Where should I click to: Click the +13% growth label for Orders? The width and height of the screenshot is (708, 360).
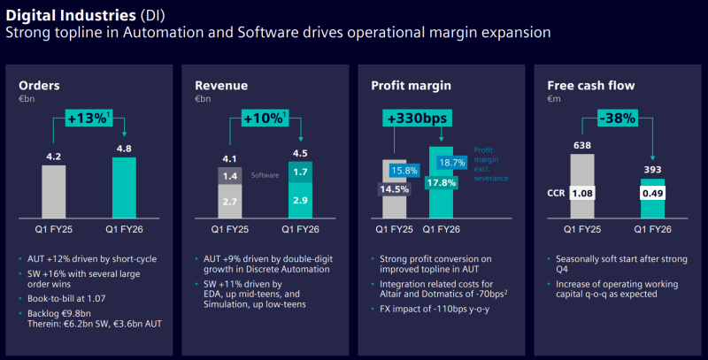tap(89, 118)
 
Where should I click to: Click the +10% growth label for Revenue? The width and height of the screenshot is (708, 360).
tap(265, 118)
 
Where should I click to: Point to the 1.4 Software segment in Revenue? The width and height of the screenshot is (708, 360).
tap(229, 176)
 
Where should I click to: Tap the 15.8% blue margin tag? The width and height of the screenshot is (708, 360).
tap(404, 170)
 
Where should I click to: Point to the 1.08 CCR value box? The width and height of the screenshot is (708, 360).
tap(582, 190)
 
